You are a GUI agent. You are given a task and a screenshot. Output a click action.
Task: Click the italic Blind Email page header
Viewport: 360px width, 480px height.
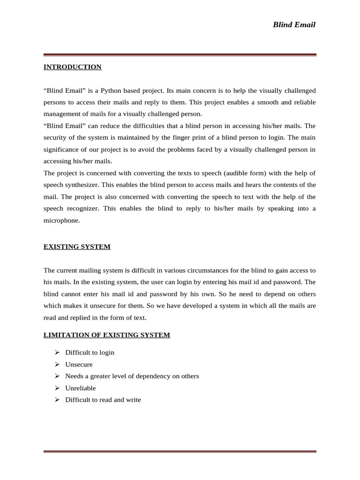(294, 25)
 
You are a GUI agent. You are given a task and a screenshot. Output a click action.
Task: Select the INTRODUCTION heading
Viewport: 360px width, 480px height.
(72, 67)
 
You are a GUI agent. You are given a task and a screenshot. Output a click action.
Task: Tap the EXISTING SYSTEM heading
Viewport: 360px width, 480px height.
(77, 247)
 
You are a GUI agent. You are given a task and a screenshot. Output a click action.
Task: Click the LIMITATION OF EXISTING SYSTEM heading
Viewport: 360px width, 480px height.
(106, 335)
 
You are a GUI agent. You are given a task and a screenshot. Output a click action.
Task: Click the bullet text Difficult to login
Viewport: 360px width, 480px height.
(90, 352)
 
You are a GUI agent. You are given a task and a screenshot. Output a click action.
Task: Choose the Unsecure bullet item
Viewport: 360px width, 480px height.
(79, 364)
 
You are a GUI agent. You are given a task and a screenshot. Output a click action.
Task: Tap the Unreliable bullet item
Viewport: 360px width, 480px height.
(80, 388)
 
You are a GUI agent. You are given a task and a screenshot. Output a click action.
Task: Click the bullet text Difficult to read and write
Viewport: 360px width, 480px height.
(103, 400)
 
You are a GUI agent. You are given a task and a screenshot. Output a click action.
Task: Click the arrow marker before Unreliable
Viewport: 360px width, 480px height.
(57, 388)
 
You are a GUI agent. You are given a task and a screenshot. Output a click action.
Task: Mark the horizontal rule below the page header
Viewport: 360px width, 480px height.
(180, 55)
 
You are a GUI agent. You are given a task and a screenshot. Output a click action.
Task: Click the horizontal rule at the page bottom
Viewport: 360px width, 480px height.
(180, 452)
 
